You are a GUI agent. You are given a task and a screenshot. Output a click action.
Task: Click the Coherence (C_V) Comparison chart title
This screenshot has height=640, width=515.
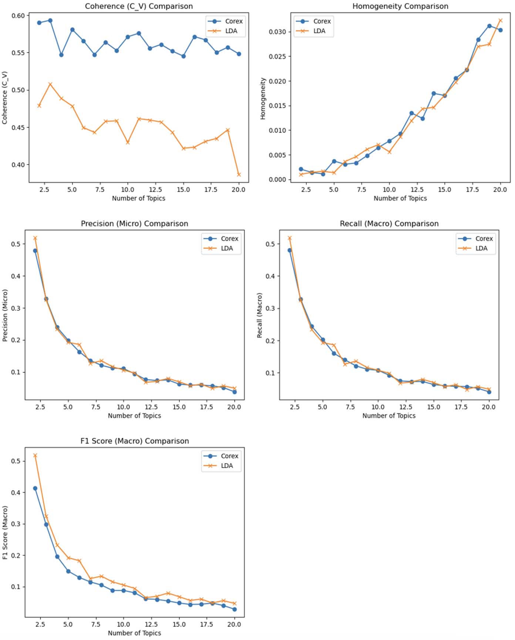(139, 6)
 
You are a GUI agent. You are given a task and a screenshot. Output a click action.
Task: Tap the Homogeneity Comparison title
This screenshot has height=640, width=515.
(400, 6)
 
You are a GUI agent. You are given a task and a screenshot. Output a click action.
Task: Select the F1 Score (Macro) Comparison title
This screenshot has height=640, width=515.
(135, 441)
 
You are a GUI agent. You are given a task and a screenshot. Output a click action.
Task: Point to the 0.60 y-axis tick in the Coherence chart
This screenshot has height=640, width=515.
(18, 16)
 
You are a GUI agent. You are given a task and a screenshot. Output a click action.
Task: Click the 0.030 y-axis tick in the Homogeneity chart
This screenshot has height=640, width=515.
(277, 32)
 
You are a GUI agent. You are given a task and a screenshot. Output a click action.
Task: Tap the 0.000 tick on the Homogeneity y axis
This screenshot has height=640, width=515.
(277, 179)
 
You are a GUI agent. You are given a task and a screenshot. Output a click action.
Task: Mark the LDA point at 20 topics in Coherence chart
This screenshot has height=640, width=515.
(239, 175)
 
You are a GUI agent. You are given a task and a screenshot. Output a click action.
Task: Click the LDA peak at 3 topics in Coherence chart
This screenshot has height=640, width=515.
(50, 84)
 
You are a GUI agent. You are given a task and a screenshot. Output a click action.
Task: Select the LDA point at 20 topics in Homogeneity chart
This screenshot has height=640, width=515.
(501, 21)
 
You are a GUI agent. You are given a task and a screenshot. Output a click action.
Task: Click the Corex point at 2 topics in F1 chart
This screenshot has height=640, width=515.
(35, 488)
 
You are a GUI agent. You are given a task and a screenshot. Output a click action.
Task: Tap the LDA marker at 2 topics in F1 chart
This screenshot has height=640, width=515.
(35, 455)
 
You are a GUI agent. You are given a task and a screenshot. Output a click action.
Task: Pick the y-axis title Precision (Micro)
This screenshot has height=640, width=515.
(5, 316)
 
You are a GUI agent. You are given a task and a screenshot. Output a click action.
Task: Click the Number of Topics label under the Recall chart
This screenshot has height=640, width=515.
(389, 416)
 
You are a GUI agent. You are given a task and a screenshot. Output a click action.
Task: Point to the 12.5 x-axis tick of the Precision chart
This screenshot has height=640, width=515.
(151, 407)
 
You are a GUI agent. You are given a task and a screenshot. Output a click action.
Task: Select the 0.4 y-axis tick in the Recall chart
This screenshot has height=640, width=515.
(270, 276)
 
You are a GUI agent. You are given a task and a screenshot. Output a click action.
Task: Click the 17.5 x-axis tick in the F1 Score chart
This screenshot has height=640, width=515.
(206, 624)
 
